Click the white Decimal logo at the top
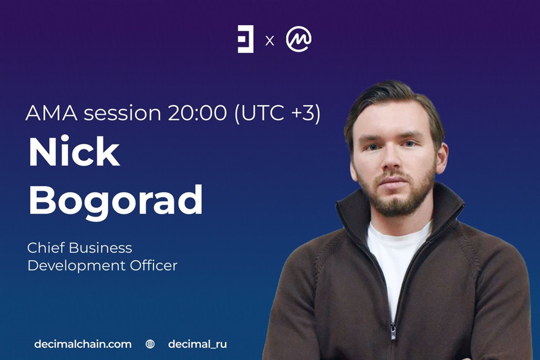246,39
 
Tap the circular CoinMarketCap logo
299,39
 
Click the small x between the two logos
269,41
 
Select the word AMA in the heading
52,113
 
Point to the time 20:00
197,113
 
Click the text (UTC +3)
277,113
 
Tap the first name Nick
75,152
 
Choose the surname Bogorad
116,200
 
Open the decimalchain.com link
83,344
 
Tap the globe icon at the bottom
150,344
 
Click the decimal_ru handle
197,344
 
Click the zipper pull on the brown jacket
393,331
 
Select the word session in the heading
122,113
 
